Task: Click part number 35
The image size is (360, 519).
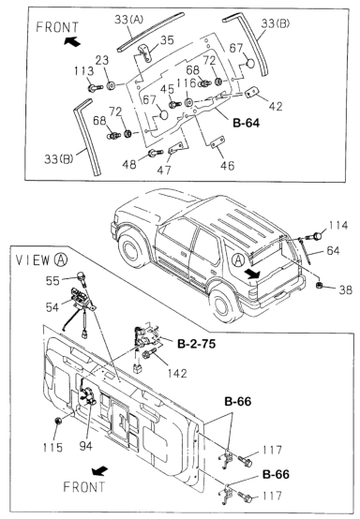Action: tap(167, 40)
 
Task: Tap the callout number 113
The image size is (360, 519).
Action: tap(83, 71)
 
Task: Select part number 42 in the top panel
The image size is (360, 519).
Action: tap(276, 106)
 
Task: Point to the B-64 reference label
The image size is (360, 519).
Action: tap(247, 123)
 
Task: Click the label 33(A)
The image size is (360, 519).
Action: tap(128, 20)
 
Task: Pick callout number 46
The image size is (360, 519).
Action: tap(227, 166)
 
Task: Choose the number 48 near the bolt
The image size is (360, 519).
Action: tap(129, 164)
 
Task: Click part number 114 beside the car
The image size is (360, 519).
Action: tap(338, 226)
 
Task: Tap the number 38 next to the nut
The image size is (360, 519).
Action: tap(345, 290)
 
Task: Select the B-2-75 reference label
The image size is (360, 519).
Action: tap(196, 344)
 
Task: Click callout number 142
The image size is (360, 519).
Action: tap(177, 374)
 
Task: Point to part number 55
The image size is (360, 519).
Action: tap(52, 281)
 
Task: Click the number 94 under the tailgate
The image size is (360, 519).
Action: tap(85, 446)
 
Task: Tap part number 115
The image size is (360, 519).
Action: tap(52, 448)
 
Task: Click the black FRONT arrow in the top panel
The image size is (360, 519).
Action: tap(72, 42)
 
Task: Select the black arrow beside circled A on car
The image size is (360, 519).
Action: tap(253, 273)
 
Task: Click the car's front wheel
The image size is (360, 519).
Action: tap(133, 249)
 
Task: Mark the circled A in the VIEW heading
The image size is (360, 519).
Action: tap(60, 259)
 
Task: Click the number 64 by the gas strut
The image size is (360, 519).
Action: tap(333, 250)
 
